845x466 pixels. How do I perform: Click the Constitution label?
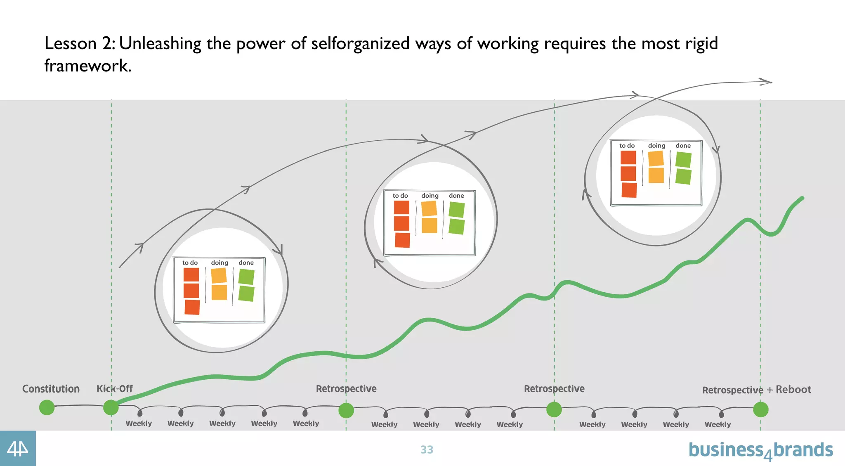click(51, 389)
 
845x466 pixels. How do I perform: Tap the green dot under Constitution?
click(47, 407)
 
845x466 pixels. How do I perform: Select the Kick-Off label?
click(114, 389)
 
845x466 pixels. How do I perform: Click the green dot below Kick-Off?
click(111, 407)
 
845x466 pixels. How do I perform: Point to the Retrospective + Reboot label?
click(756, 390)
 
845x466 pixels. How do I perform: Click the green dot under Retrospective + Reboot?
click(760, 409)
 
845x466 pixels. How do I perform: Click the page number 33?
click(427, 449)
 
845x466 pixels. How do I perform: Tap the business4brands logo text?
click(760, 450)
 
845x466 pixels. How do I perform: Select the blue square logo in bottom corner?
click(18, 448)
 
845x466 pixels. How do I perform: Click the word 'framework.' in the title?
click(88, 66)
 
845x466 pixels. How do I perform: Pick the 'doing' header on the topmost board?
click(656, 146)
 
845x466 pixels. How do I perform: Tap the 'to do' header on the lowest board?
click(190, 263)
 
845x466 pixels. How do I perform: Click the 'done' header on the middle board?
click(456, 196)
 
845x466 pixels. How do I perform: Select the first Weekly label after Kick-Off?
click(139, 423)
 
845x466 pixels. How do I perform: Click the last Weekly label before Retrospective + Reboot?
click(718, 424)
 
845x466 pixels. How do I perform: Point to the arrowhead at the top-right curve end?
click(767, 82)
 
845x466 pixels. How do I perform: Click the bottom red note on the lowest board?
click(192, 307)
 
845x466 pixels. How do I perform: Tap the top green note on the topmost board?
click(684, 160)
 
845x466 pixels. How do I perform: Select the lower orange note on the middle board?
click(430, 225)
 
